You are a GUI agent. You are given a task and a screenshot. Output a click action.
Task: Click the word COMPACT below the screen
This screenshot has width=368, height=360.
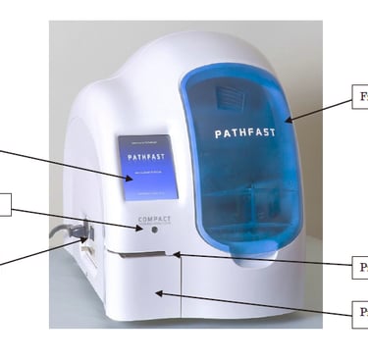(x=155, y=218)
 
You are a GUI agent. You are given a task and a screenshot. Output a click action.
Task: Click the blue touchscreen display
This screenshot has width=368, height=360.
(x=147, y=167)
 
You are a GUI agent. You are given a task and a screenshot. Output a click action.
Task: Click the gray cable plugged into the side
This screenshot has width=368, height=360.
(x=65, y=233)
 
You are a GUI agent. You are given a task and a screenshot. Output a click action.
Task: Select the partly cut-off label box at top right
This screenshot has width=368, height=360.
(x=359, y=98)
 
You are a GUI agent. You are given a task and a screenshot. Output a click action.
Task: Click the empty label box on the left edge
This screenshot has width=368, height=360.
(x=5, y=204)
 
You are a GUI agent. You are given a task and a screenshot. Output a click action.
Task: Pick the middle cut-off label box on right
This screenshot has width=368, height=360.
(x=360, y=266)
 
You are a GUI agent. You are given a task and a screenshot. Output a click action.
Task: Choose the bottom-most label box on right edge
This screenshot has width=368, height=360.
(x=360, y=313)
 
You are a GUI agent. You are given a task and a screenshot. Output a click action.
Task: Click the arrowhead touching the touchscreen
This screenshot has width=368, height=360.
(x=132, y=179)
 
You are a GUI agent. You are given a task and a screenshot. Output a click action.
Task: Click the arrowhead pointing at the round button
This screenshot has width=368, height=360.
(x=144, y=228)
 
